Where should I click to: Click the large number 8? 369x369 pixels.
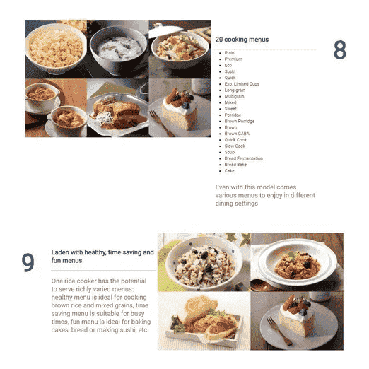(x=340, y=49)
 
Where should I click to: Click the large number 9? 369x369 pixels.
(x=28, y=262)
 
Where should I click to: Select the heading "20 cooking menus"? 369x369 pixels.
(x=242, y=40)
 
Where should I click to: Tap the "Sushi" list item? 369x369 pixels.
(x=230, y=71)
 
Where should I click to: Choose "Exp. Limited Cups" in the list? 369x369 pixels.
(x=242, y=84)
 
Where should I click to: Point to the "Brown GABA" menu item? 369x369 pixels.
(x=237, y=134)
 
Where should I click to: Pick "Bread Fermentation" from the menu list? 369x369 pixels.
(x=244, y=158)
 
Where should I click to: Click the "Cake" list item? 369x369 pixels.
(x=229, y=171)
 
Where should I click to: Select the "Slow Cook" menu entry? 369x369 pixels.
(x=235, y=146)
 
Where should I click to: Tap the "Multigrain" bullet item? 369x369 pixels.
(x=234, y=96)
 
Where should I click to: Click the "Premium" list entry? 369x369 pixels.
(x=233, y=59)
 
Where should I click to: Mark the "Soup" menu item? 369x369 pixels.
(x=230, y=152)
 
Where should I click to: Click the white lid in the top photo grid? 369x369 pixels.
(x=165, y=30)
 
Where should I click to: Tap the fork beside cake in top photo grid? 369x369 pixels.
(x=161, y=123)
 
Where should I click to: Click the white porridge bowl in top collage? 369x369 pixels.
(x=119, y=51)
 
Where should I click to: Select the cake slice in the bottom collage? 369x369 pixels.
(x=297, y=316)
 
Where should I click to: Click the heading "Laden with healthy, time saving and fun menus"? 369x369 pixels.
(x=102, y=257)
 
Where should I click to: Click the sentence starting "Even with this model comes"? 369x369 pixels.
(x=265, y=195)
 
